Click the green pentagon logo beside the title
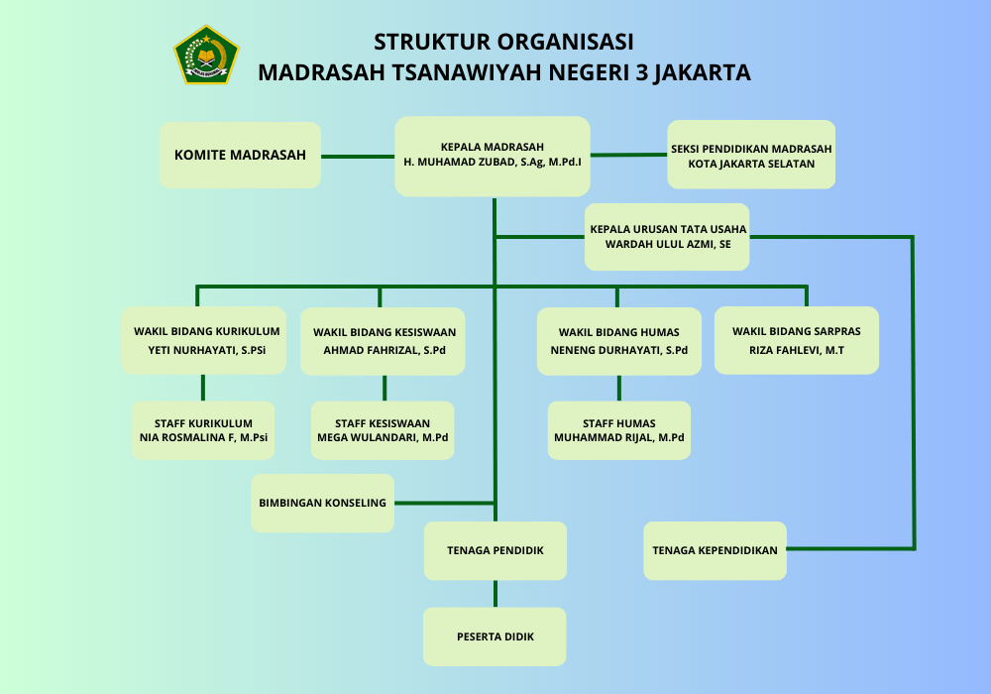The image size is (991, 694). coord(206,55)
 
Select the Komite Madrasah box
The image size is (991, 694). coord(240,155)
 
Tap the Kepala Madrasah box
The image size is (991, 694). coord(493,156)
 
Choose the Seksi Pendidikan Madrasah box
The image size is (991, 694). coord(751,155)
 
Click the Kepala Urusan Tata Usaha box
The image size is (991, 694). coord(667,237)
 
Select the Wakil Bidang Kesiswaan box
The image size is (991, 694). coord(383,340)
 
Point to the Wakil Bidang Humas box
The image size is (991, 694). coord(618,341)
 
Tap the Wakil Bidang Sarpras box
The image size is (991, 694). coord(796,340)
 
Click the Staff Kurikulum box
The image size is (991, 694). coord(202,430)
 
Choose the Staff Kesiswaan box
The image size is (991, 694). coord(383,430)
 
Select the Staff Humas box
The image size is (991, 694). coord(619,430)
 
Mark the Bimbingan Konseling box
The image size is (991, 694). coord(322,503)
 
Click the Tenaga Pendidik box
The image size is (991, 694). coord(495,550)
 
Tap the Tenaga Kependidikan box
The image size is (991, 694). coord(715,550)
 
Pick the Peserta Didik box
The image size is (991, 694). coord(495,636)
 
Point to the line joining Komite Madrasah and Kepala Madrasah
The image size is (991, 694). coord(358,156)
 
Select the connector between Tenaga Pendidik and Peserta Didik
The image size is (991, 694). coord(495,594)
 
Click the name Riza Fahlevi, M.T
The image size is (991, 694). coord(796,350)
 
